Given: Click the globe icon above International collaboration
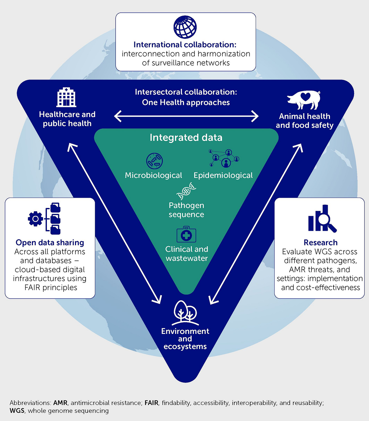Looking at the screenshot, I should (185, 27).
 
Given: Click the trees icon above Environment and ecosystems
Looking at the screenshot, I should (185, 313).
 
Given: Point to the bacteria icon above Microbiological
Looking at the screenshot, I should (154, 161).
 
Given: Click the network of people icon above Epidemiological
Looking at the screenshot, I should (224, 158).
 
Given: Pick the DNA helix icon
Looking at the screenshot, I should (186, 191).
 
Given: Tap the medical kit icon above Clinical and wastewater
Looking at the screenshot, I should (186, 235).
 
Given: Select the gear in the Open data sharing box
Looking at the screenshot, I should (35, 219).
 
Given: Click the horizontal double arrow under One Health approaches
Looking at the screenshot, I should (186, 116).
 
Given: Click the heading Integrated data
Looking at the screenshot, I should (186, 137).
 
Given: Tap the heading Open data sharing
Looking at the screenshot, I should (50, 242).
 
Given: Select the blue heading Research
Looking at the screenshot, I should (321, 242).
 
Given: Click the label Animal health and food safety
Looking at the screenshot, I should (305, 121).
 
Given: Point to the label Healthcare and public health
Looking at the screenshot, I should (67, 119).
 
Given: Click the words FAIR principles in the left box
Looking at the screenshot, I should (51, 287).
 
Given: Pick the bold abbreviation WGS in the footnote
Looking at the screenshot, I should (17, 411).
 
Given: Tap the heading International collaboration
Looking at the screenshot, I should (185, 45).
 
